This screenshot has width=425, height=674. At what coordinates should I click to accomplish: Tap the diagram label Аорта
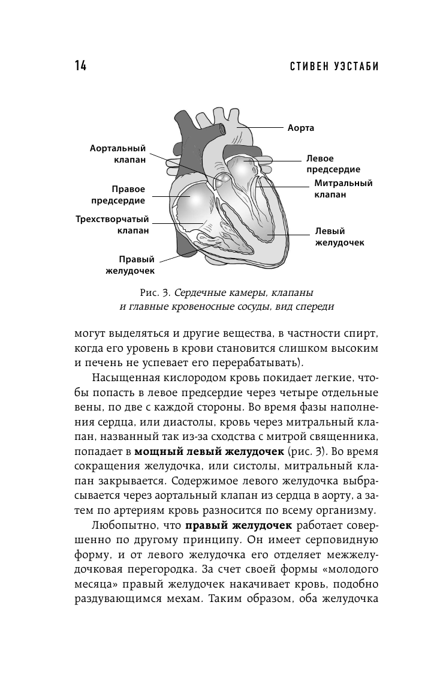300,128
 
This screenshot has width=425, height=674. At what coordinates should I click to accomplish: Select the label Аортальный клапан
118,154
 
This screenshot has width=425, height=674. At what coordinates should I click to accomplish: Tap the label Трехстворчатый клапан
112,224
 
